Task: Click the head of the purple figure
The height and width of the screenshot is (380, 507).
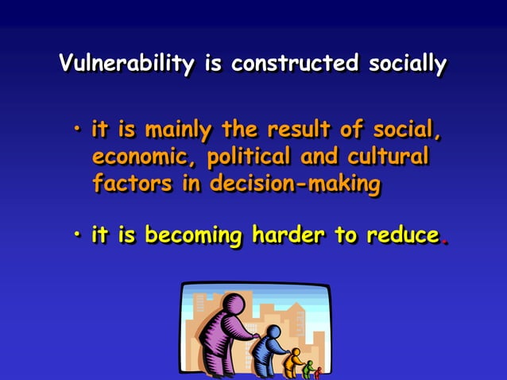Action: (x=234, y=304)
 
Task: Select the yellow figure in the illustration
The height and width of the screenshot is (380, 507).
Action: (x=293, y=360)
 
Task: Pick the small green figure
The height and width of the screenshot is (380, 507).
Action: (x=308, y=368)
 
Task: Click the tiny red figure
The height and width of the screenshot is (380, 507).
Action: (x=319, y=372)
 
